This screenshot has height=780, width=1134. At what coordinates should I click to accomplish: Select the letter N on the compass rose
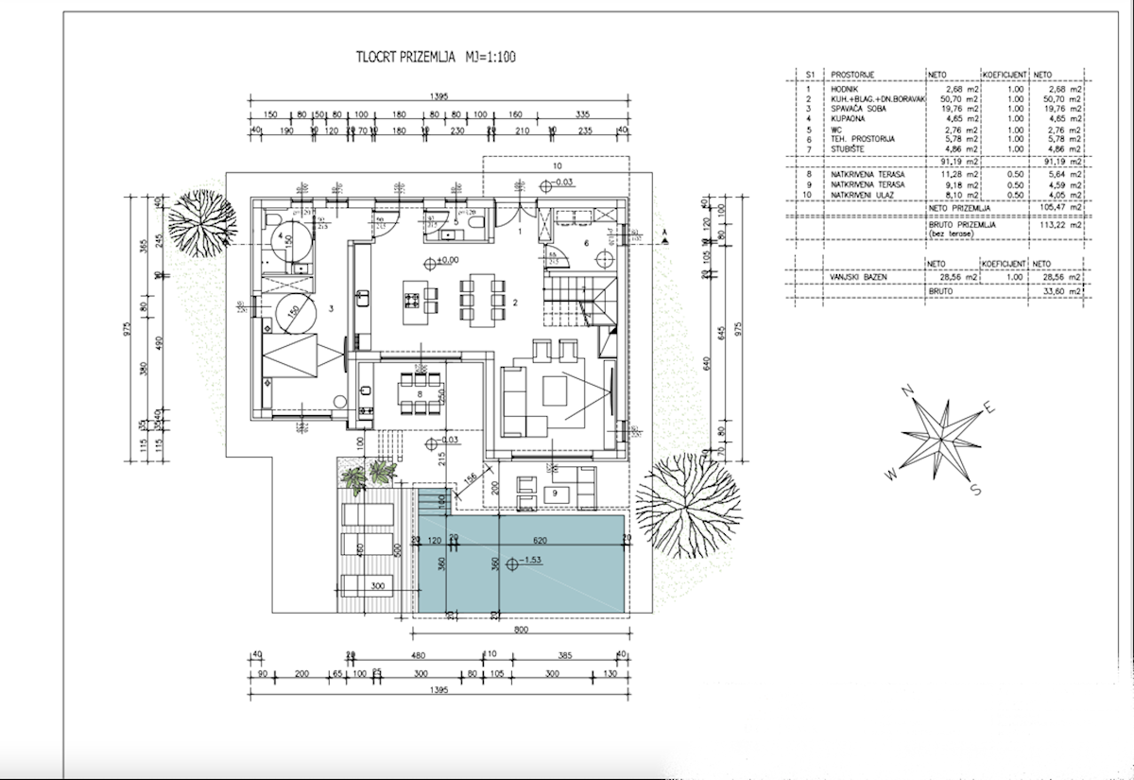coord(906,390)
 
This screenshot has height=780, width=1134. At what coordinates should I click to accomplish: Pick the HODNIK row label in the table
coord(846,89)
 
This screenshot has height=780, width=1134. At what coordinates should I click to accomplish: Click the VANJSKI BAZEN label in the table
coord(861,277)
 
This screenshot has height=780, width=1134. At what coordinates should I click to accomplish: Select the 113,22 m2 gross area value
coord(1055,226)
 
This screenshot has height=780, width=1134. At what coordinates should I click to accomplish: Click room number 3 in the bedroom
coord(332,308)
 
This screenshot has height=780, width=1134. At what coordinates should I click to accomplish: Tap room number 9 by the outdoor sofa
coord(556,492)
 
